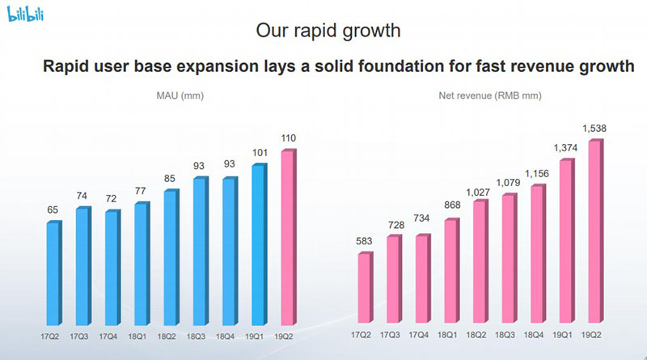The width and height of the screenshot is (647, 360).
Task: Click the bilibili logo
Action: click(25, 13)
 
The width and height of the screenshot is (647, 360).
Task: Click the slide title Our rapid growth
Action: click(328, 31)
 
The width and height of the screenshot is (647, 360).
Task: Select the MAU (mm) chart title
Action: click(180, 95)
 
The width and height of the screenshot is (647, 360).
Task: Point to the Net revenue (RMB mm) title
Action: click(490, 95)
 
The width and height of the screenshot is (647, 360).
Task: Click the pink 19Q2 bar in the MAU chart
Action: click(289, 237)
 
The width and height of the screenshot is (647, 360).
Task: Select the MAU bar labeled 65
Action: click(54, 273)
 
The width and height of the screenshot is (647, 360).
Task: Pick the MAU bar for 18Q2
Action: click(171, 257)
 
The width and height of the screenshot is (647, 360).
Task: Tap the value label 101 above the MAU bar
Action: click(260, 153)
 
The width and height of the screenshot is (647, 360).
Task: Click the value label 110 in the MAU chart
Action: click(289, 138)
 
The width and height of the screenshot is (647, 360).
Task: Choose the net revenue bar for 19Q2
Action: click(595, 231)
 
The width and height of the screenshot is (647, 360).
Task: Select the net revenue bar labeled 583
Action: click(366, 287)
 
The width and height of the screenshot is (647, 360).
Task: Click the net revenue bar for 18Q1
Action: click(452, 270)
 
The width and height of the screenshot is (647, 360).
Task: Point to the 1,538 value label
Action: click(594, 129)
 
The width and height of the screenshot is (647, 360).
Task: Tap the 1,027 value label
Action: click(478, 193)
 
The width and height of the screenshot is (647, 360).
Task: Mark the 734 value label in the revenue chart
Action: click(421, 218)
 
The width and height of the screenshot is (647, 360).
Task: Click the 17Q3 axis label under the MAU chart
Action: click(78, 337)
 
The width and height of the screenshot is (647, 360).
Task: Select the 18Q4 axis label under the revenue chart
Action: click(534, 335)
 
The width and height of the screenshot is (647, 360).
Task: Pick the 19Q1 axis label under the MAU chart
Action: click(254, 337)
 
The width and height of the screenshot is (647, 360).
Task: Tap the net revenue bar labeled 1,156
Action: click(538, 253)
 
